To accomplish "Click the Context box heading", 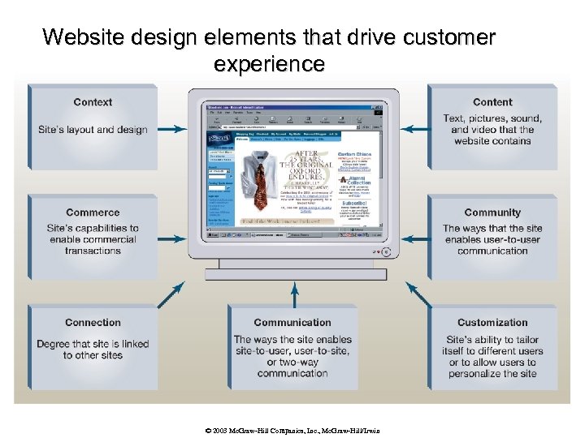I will [x=93, y=102].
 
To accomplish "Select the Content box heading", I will [x=492, y=102].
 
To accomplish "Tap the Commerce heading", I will [x=93, y=213].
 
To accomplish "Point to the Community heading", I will [x=492, y=213].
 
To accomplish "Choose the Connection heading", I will [x=93, y=323].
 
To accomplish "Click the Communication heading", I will [x=292, y=323].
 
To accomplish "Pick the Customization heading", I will [x=492, y=323].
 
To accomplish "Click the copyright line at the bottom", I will [x=292, y=431].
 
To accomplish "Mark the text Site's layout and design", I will [x=93, y=130].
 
